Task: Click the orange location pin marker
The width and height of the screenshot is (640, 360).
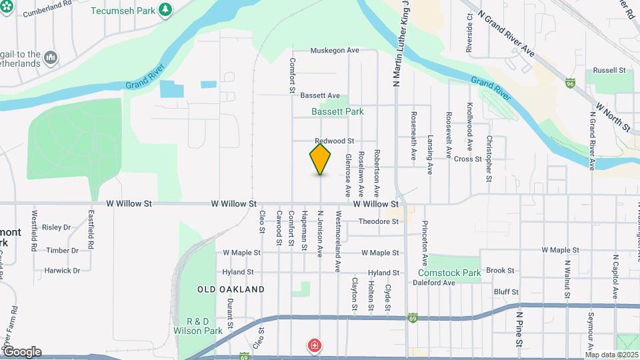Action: [x=320, y=159]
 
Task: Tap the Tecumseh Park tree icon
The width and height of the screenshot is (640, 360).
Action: [x=165, y=10]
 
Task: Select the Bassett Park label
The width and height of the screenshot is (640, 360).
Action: [x=337, y=111]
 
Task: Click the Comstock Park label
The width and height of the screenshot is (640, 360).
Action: [x=449, y=273]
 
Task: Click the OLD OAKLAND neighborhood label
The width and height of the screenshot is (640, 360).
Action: [x=231, y=289]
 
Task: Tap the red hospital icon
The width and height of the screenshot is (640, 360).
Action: [x=313, y=345]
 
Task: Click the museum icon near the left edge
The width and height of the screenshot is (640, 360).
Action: [x=51, y=59]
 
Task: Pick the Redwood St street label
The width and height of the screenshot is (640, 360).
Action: [x=334, y=141]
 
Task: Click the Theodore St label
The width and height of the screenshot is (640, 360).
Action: [x=378, y=221]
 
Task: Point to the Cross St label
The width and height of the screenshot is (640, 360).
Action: [x=467, y=159]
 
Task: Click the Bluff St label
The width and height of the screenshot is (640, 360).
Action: [x=506, y=292]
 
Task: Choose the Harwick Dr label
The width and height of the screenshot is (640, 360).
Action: [x=62, y=271]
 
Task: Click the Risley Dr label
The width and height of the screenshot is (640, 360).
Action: [x=56, y=227]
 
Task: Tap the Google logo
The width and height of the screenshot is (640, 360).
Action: [x=21, y=352]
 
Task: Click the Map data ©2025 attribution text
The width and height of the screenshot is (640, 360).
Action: [x=611, y=355]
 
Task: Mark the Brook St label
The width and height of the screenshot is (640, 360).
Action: [x=500, y=271]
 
